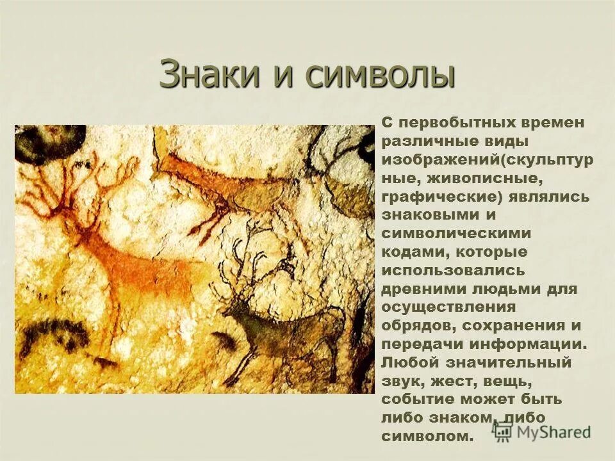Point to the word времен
point(554,122)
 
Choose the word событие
point(418,400)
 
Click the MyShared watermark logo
point(542,431)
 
